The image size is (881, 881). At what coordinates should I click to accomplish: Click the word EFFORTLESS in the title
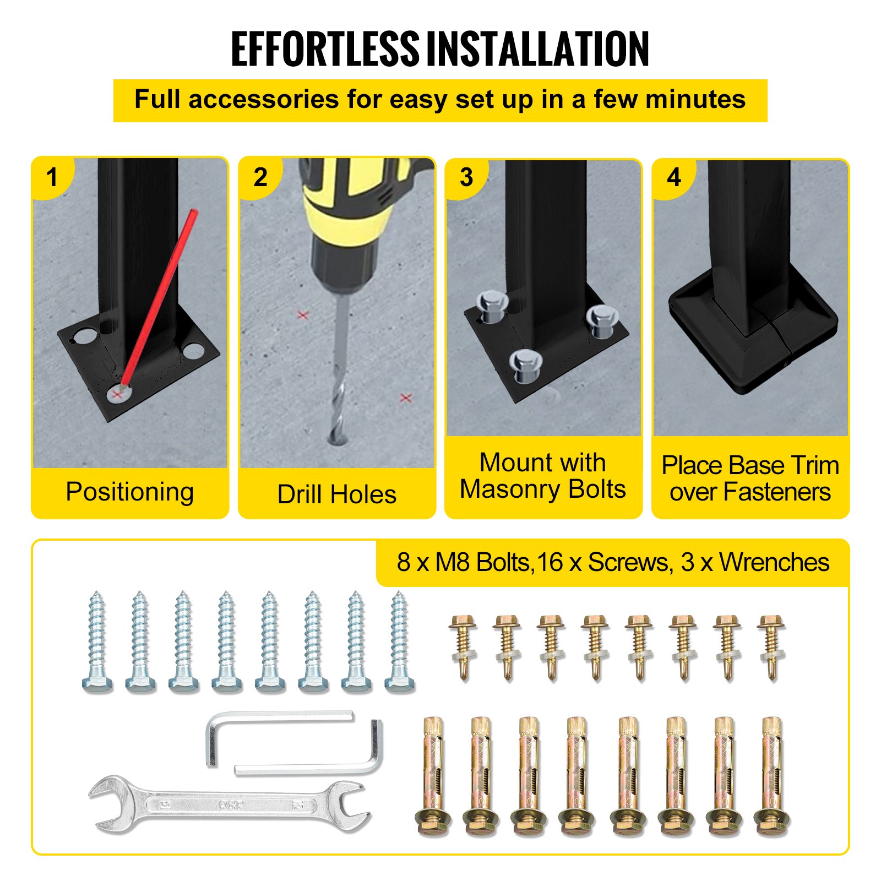point(325,50)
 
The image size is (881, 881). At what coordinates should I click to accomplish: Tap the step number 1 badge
point(52,177)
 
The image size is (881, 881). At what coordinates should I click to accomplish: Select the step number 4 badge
point(673,177)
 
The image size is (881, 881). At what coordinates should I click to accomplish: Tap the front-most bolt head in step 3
point(526,365)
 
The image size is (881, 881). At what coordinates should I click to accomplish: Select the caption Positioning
point(130,492)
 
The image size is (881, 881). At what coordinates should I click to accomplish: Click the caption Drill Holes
point(336,494)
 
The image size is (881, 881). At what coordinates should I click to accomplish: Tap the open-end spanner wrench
point(229,804)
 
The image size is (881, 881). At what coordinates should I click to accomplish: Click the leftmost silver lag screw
point(97,641)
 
